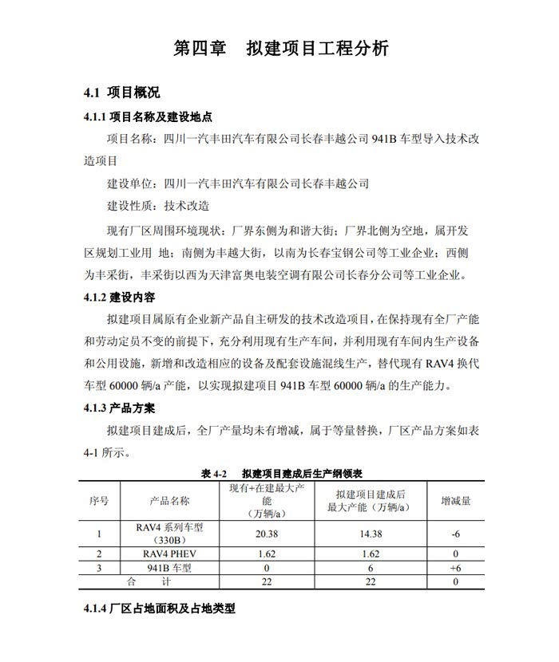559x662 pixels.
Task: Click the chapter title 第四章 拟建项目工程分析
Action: [x=281, y=48]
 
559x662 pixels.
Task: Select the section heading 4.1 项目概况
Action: [x=121, y=93]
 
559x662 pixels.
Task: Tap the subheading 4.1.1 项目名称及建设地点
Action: [x=148, y=116]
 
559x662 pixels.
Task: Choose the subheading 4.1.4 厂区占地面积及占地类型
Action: [x=159, y=610]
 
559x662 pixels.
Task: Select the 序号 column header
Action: [x=98, y=501]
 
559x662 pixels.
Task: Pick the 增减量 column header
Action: [x=456, y=501]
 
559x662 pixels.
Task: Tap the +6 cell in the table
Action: [x=456, y=567]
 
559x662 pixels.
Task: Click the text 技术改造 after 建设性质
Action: [x=186, y=206]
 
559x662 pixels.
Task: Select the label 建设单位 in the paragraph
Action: [x=132, y=183]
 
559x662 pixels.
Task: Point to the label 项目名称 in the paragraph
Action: [x=132, y=139]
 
